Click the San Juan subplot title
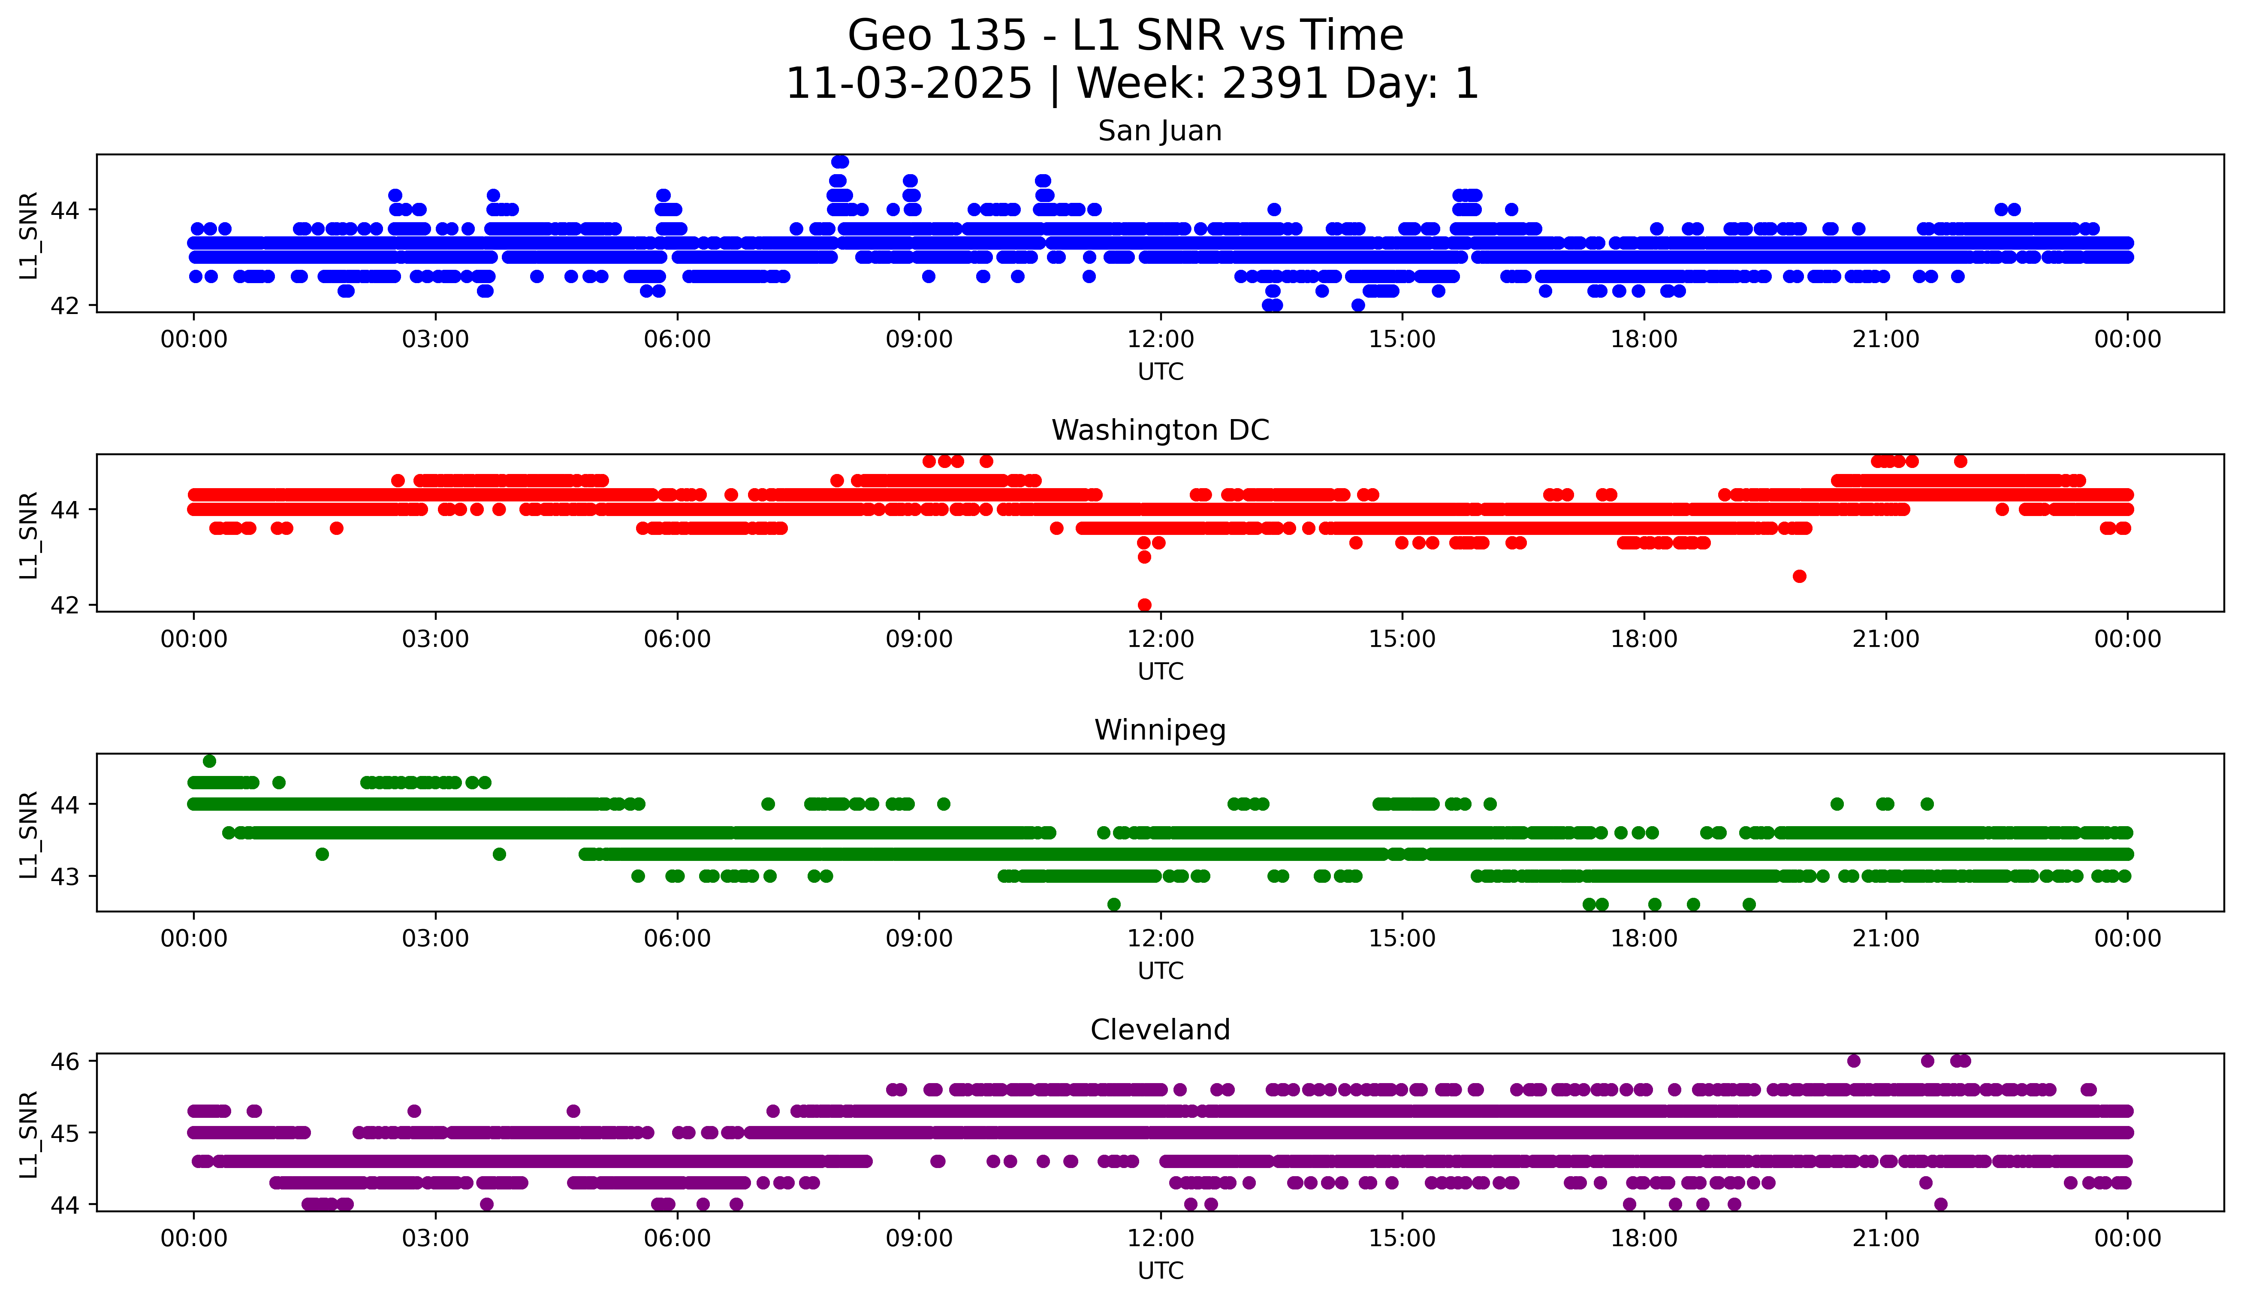tap(1160, 131)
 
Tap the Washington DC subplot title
tap(1160, 430)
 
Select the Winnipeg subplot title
tap(1160, 730)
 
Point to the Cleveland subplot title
tap(1160, 1030)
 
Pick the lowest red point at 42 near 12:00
tap(1144, 605)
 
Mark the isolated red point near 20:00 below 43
tap(1799, 576)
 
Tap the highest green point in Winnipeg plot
tap(210, 761)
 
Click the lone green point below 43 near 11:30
tap(1113, 904)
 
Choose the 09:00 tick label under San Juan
tap(919, 340)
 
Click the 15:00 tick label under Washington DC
tap(1403, 640)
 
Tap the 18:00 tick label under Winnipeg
tap(1644, 939)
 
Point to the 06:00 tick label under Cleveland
tap(677, 1239)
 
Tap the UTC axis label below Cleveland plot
tap(1160, 1271)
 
